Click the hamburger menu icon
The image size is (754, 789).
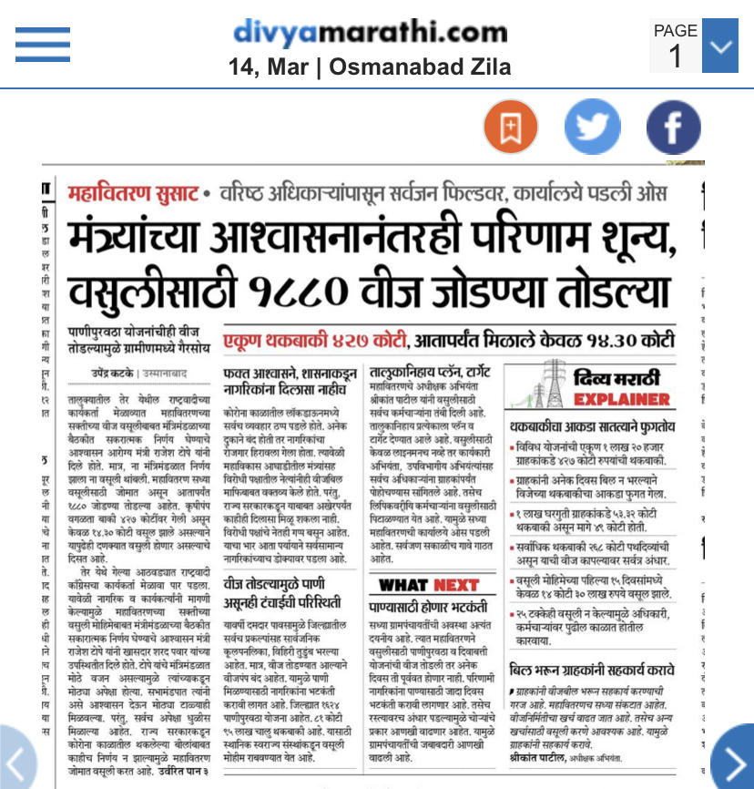click(43, 43)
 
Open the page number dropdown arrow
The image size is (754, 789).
click(720, 45)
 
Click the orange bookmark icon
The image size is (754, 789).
click(510, 127)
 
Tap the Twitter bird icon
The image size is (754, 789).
click(592, 127)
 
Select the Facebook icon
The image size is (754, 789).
click(673, 127)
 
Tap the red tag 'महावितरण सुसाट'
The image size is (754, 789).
click(133, 194)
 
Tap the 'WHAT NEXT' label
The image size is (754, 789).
click(427, 585)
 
